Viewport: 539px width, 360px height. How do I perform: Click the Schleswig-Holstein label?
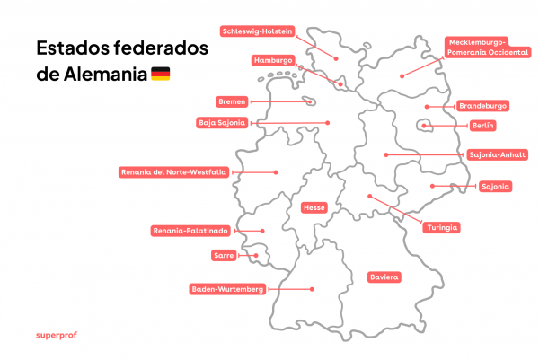tap(257, 31)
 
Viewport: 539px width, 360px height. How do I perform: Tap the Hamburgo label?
tap(274, 60)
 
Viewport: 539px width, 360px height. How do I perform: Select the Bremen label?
tap(232, 101)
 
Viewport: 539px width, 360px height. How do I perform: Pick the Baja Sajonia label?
tap(223, 122)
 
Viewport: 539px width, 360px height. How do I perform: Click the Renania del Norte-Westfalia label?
tap(174, 171)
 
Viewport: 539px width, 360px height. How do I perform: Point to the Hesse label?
tap(314, 207)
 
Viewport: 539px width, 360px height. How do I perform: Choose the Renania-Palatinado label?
tap(191, 231)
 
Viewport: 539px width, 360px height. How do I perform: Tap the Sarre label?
tap(224, 256)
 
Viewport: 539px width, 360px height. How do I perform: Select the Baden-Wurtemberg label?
tap(227, 289)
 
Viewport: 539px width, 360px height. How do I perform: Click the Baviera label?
tap(384, 277)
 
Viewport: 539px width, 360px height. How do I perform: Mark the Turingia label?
tap(443, 227)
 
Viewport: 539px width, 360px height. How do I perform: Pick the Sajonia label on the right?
tap(495, 187)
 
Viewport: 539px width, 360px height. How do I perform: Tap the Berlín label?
tap(482, 126)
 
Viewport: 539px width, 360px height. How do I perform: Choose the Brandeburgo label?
tap(482, 106)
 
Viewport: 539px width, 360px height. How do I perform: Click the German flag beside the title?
tap(160, 73)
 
